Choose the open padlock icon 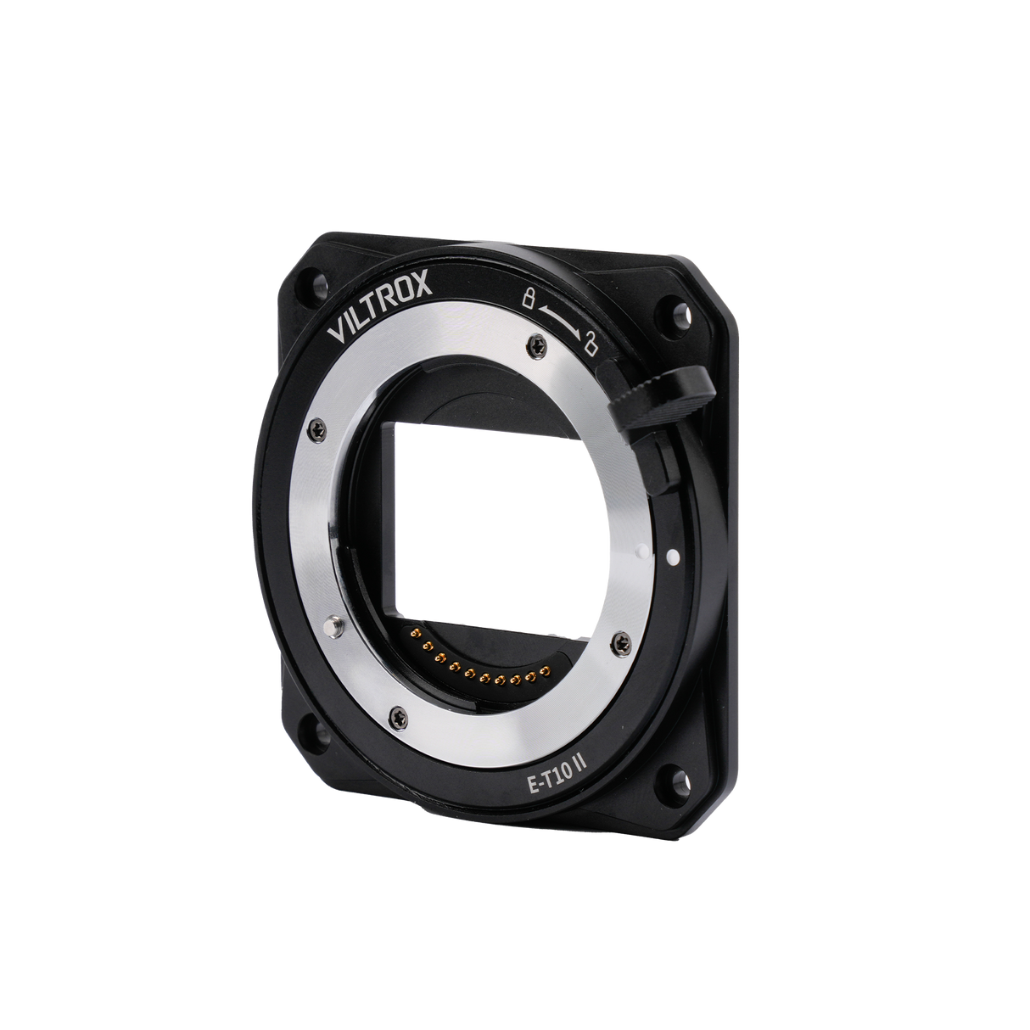point(589,345)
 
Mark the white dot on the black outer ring point(673,557)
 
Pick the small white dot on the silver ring point(647,551)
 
